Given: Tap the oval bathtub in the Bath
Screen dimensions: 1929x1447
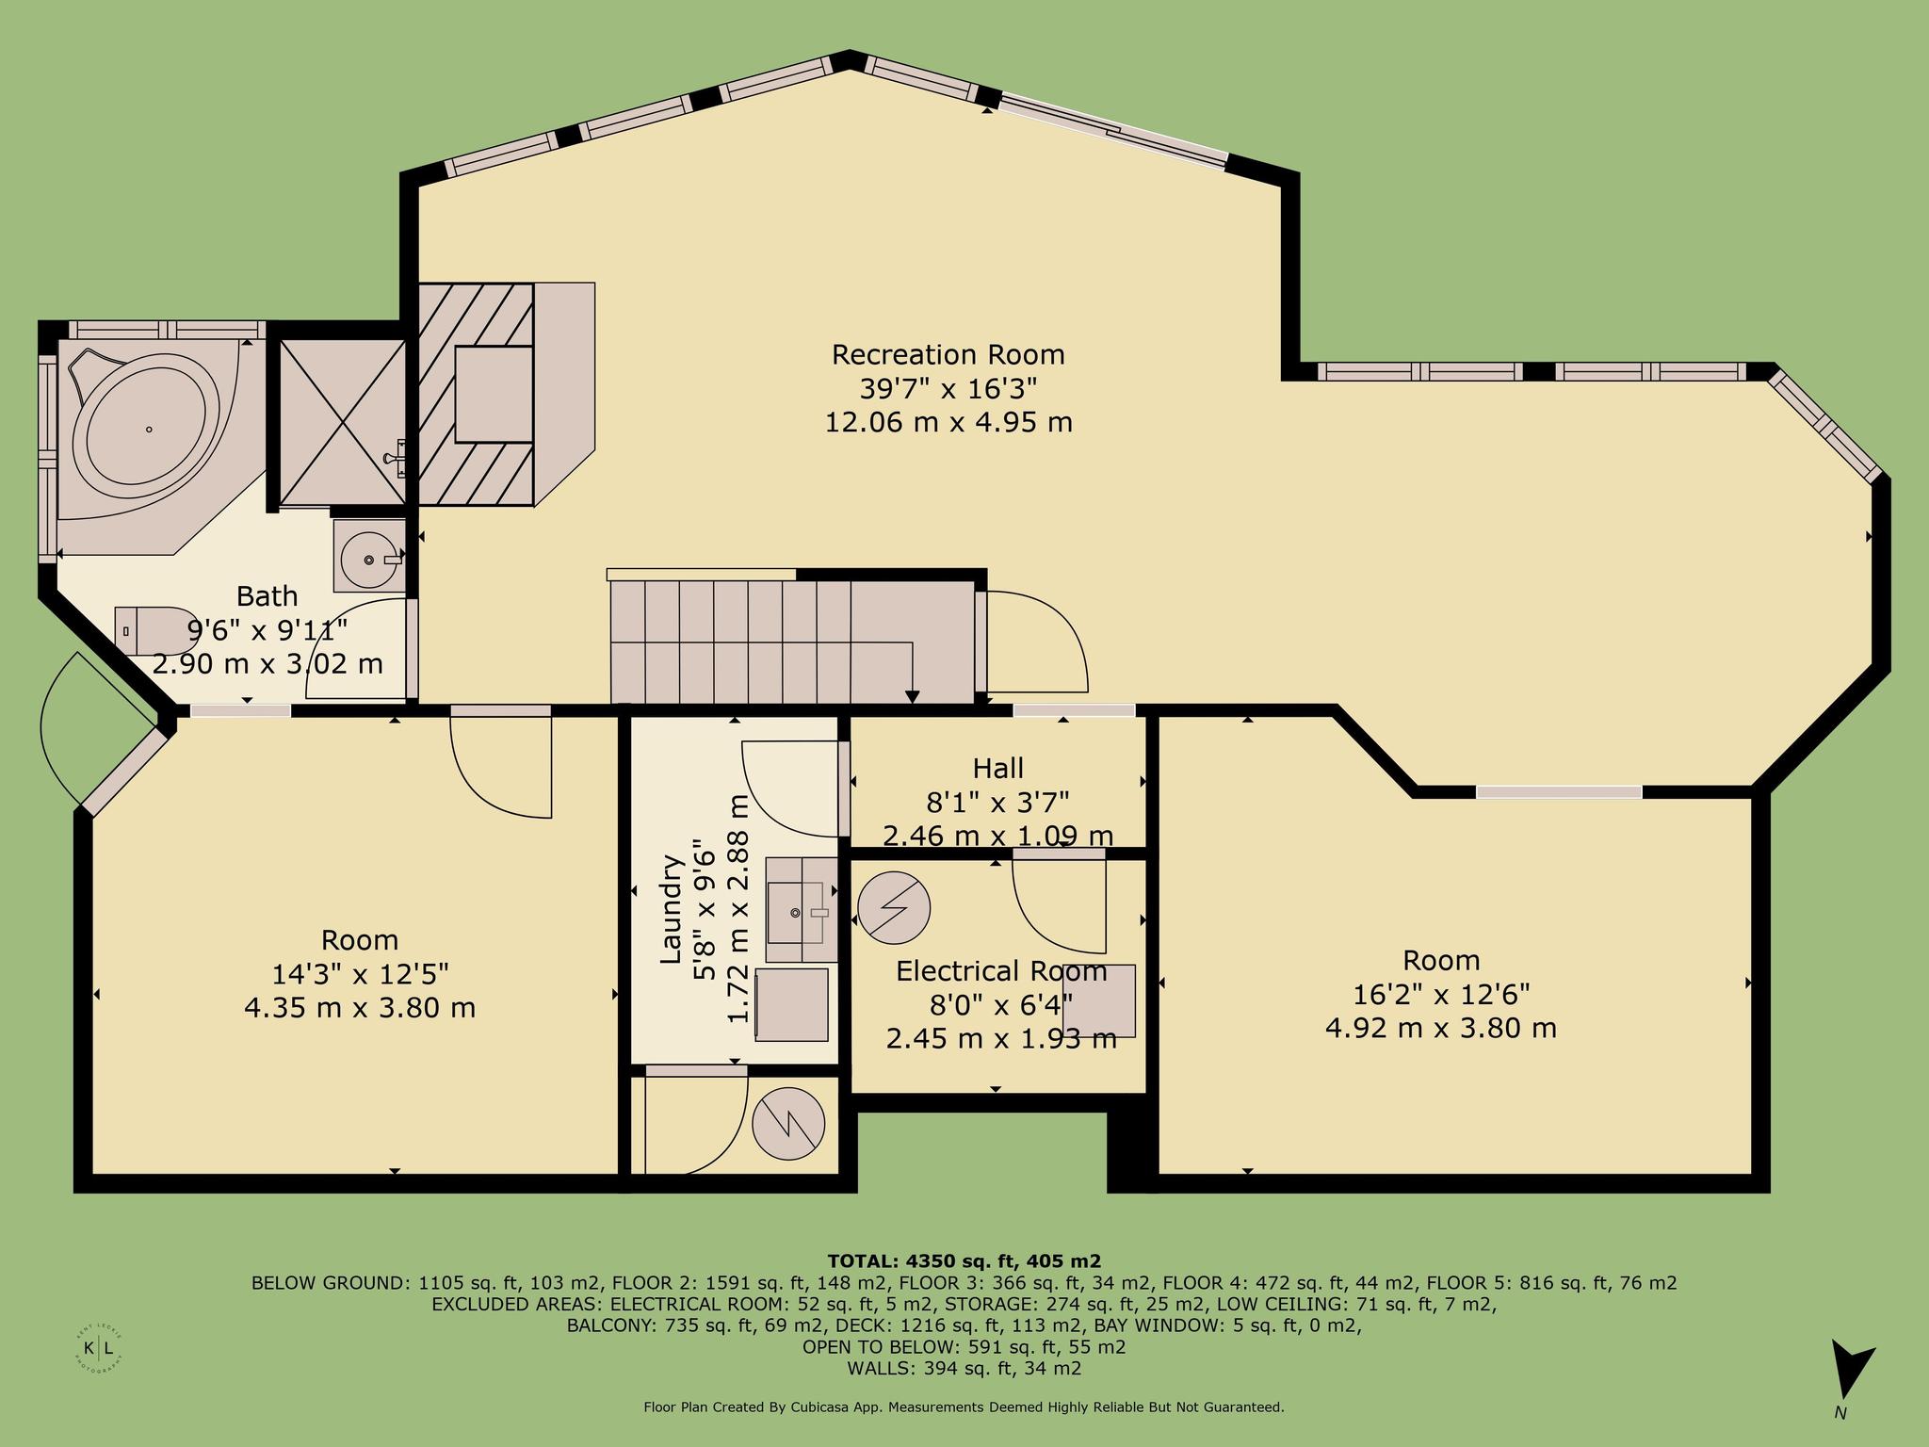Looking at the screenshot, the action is tap(148, 430).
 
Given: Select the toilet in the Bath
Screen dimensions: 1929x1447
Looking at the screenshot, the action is tap(157, 630).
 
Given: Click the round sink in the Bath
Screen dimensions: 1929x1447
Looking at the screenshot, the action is tap(369, 556).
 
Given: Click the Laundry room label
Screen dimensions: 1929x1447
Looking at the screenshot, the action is tap(670, 909).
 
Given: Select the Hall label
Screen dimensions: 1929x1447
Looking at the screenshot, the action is tap(998, 769).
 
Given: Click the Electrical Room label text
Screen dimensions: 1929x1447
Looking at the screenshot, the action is tap(1001, 971).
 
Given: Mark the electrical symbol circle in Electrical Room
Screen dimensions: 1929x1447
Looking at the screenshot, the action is tap(894, 908).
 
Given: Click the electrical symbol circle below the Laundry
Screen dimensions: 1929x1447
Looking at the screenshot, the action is tap(789, 1123).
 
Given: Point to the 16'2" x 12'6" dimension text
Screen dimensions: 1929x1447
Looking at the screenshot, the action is tap(1441, 994).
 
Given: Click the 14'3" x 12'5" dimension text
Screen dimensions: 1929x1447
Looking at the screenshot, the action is tap(360, 973).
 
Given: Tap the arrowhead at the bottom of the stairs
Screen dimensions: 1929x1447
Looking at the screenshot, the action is tap(912, 696).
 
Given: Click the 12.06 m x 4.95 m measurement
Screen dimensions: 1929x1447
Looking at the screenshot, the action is tap(948, 422).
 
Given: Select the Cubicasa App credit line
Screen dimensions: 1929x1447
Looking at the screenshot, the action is tap(964, 1407).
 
